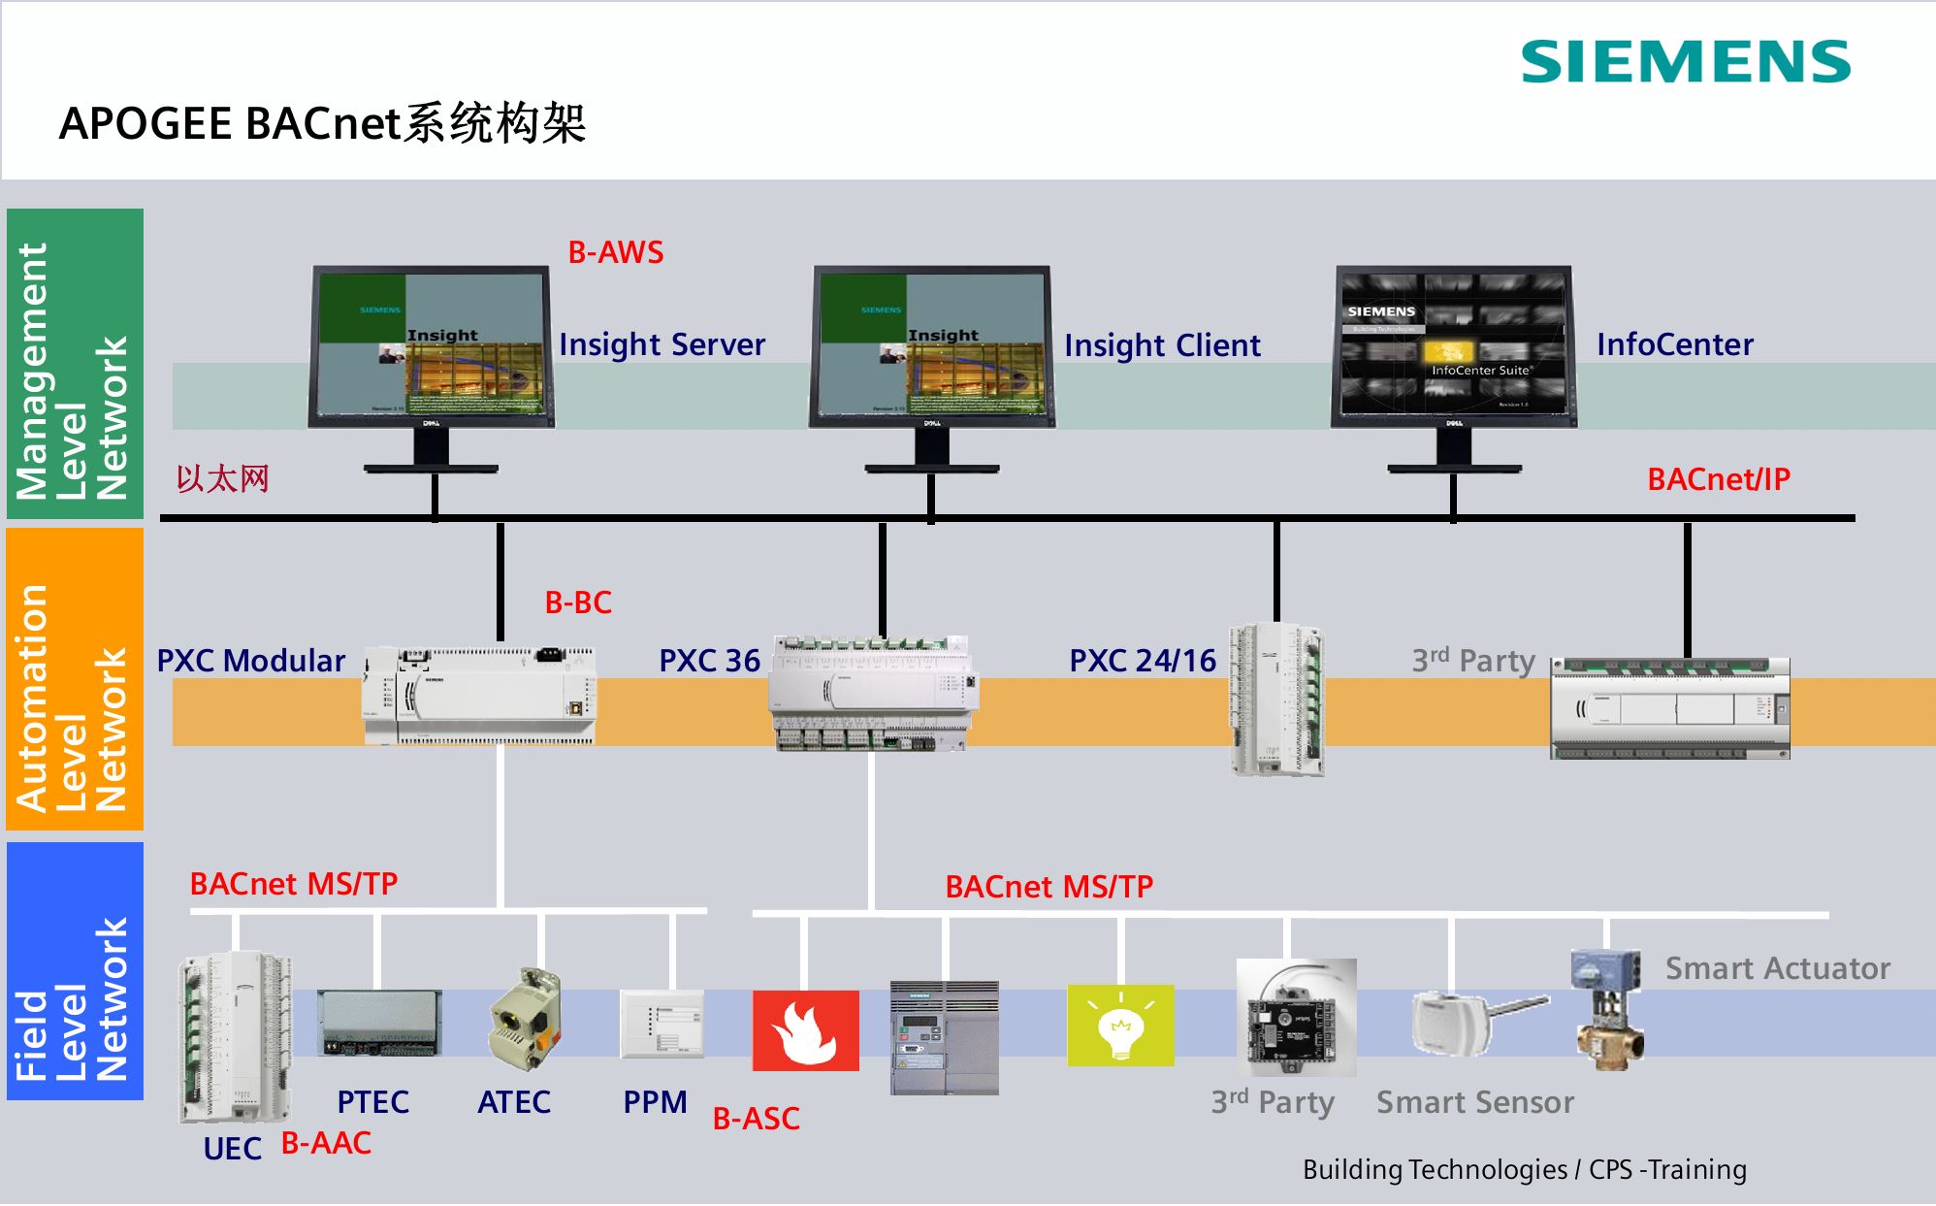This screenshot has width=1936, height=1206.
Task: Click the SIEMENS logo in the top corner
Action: (x=1686, y=62)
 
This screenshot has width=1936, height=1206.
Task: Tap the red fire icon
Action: (x=805, y=1030)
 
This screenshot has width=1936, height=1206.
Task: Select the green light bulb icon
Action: (x=1120, y=1026)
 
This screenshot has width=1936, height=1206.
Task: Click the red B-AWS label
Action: (x=616, y=252)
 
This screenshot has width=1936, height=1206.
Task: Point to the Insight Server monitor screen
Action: (x=431, y=345)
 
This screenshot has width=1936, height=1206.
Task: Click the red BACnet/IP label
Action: (x=1719, y=479)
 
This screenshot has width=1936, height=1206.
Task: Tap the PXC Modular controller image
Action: (x=479, y=695)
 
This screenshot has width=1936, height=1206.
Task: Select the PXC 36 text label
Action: (x=709, y=661)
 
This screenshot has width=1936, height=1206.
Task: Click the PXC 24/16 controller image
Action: (x=1276, y=699)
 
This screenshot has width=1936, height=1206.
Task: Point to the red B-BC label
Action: (x=578, y=603)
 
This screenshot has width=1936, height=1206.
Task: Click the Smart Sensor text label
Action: (x=1475, y=1102)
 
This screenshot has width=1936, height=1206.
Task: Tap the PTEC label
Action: (x=372, y=1102)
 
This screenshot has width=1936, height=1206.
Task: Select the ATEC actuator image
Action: (x=525, y=1019)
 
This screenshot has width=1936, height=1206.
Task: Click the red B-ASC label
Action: (x=757, y=1119)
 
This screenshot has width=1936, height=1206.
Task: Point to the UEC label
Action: (x=233, y=1149)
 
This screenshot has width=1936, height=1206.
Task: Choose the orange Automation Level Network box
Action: (x=75, y=679)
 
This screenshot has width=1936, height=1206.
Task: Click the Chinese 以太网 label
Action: (x=222, y=479)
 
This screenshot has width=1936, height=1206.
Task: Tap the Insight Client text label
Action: (x=1162, y=345)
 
